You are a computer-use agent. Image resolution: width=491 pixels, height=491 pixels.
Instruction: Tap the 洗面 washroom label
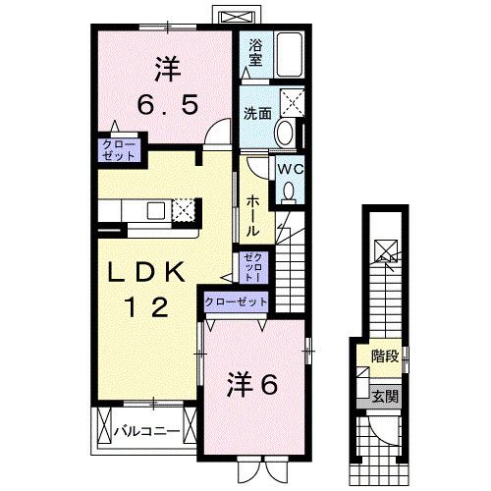click(x=256, y=112)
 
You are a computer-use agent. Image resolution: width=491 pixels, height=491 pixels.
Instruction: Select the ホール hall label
click(x=252, y=214)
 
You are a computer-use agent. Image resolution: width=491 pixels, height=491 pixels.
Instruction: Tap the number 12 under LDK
click(x=142, y=306)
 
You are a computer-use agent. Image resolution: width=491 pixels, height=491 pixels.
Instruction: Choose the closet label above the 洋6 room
click(x=236, y=302)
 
